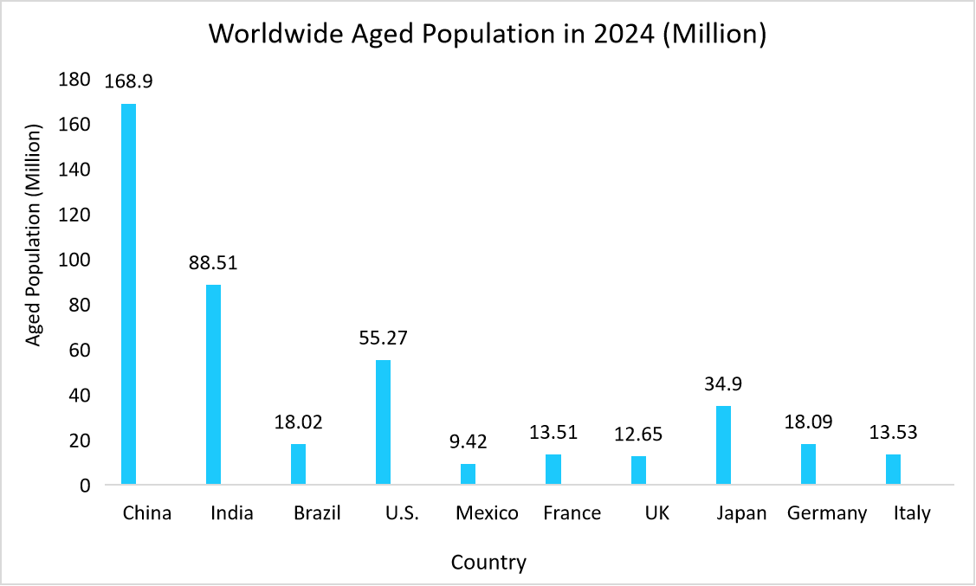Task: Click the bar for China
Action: [128, 293]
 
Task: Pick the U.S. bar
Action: [383, 422]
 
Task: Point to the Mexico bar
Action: [468, 473]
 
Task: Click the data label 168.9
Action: [128, 81]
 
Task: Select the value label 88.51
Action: [213, 262]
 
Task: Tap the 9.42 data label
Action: [469, 441]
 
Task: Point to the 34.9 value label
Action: [724, 383]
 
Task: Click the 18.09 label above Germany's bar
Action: [808, 422]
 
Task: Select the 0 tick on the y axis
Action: [85, 486]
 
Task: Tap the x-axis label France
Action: [572, 513]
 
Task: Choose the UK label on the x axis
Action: [657, 513]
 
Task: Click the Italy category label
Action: [912, 513]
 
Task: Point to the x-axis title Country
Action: [488, 563]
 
